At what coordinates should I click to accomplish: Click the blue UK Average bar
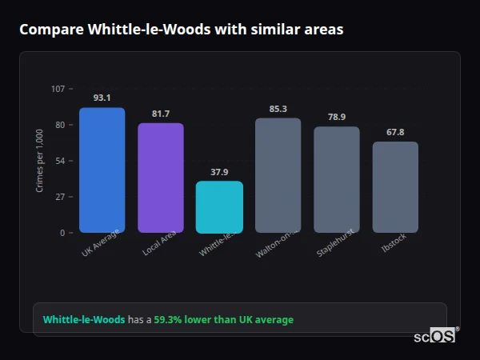tap(102, 170)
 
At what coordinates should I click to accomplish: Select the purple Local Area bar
tap(161, 178)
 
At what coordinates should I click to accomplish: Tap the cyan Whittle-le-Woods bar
tap(219, 206)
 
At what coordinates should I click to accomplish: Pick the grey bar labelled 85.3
tap(278, 175)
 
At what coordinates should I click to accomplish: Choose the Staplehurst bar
tap(337, 179)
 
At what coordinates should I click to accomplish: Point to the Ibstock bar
tap(395, 187)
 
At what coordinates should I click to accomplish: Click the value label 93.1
tap(102, 98)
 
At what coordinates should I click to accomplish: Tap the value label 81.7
tap(161, 114)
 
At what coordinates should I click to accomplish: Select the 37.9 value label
tap(219, 171)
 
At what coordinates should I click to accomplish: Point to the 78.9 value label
tap(337, 117)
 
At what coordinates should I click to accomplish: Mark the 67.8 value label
tap(395, 132)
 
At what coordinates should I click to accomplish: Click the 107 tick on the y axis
tap(58, 88)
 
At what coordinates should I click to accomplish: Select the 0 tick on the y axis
tap(62, 233)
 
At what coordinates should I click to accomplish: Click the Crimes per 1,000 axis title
tap(40, 161)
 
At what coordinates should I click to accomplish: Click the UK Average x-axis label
tap(101, 243)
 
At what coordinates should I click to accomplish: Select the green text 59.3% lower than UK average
tap(223, 320)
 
